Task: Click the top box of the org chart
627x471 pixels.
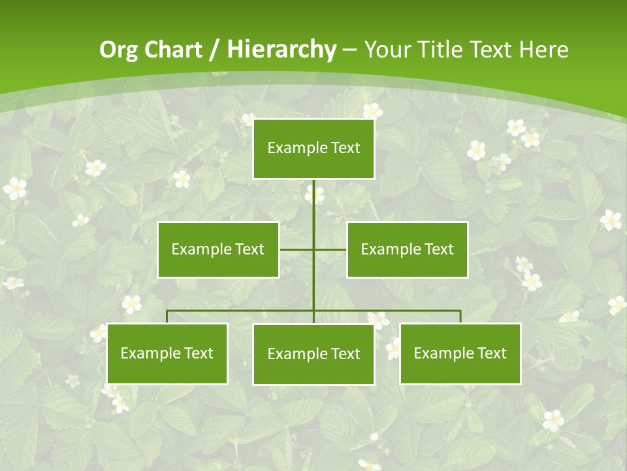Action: click(313, 148)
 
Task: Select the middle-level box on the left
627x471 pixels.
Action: click(218, 249)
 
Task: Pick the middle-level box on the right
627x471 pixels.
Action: click(407, 249)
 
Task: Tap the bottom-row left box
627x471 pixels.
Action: click(167, 353)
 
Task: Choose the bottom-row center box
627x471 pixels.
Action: click(313, 354)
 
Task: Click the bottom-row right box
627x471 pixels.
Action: click(460, 353)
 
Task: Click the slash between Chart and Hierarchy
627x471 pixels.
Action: click(214, 50)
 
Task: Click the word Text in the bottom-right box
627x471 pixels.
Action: click(491, 353)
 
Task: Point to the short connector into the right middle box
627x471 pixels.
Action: click(330, 249)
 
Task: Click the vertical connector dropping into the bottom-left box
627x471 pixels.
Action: click(167, 317)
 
